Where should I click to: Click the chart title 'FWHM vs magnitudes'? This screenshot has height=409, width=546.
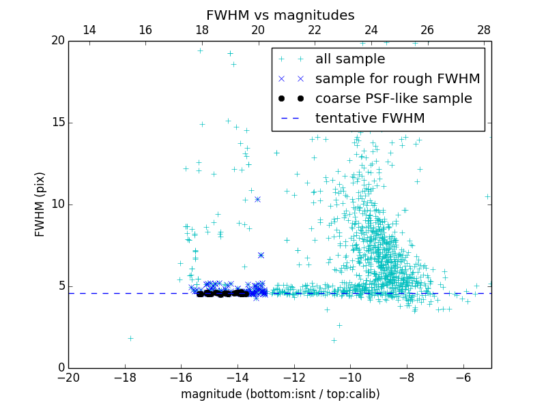click(x=280, y=15)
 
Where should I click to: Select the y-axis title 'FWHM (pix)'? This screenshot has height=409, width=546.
click(x=40, y=204)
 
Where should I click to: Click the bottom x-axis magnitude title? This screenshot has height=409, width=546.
click(x=280, y=394)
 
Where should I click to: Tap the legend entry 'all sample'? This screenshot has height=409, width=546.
click(x=349, y=59)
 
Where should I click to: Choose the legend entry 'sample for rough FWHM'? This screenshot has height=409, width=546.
click(x=397, y=79)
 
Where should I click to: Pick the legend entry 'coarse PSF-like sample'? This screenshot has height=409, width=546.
click(x=393, y=99)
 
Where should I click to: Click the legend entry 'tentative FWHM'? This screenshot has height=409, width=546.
click(x=370, y=119)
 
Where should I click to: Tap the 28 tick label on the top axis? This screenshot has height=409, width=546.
click(x=484, y=31)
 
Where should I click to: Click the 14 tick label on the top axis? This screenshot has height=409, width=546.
click(x=89, y=31)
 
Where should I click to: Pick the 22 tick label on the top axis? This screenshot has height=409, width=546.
click(x=315, y=31)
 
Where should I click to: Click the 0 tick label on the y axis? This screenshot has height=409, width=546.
click(x=60, y=368)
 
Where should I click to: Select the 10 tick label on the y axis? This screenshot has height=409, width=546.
click(x=56, y=204)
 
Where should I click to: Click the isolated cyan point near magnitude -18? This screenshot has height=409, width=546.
click(x=130, y=338)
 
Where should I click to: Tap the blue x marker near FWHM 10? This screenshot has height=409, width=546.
click(x=257, y=199)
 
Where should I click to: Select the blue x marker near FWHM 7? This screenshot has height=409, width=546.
click(x=261, y=255)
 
